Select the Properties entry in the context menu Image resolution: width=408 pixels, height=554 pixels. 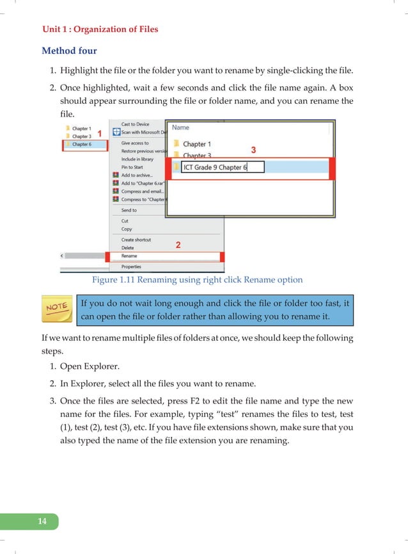click(x=131, y=266)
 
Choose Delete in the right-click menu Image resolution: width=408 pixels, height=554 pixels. click(x=128, y=248)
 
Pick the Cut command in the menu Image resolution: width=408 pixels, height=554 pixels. click(x=125, y=221)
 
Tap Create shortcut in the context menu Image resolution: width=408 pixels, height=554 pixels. click(x=136, y=240)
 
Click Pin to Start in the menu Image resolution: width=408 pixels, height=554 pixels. click(x=132, y=167)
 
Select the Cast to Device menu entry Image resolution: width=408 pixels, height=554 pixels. click(x=135, y=124)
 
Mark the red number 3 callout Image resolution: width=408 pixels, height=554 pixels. click(x=253, y=149)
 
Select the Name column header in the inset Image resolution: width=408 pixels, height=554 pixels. click(x=181, y=127)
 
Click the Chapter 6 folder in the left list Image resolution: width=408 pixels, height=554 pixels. click(x=81, y=145)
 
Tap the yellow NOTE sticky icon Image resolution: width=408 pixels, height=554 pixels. click(x=56, y=309)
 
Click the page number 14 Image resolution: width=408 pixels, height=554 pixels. click(x=42, y=522)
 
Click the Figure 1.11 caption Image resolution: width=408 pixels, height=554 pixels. click(x=198, y=280)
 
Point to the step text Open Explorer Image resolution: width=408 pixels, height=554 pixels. click(x=93, y=366)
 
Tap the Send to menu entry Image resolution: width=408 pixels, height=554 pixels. click(x=129, y=210)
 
